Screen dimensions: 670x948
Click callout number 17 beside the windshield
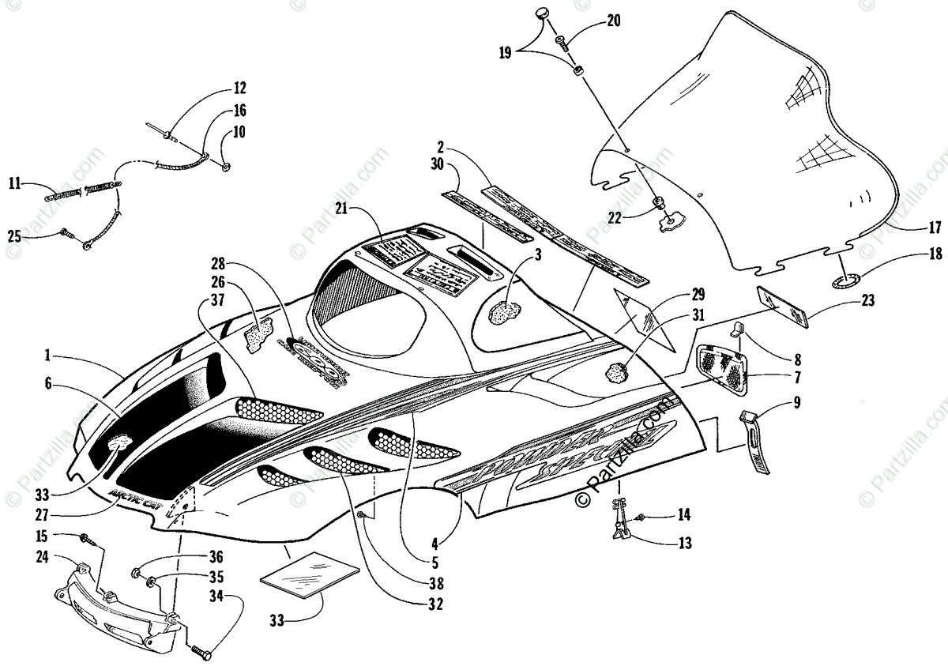(934, 228)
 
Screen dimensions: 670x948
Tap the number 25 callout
(15, 235)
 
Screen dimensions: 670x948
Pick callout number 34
(216, 595)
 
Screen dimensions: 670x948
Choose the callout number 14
(683, 516)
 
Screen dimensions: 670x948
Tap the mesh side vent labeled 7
(723, 368)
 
